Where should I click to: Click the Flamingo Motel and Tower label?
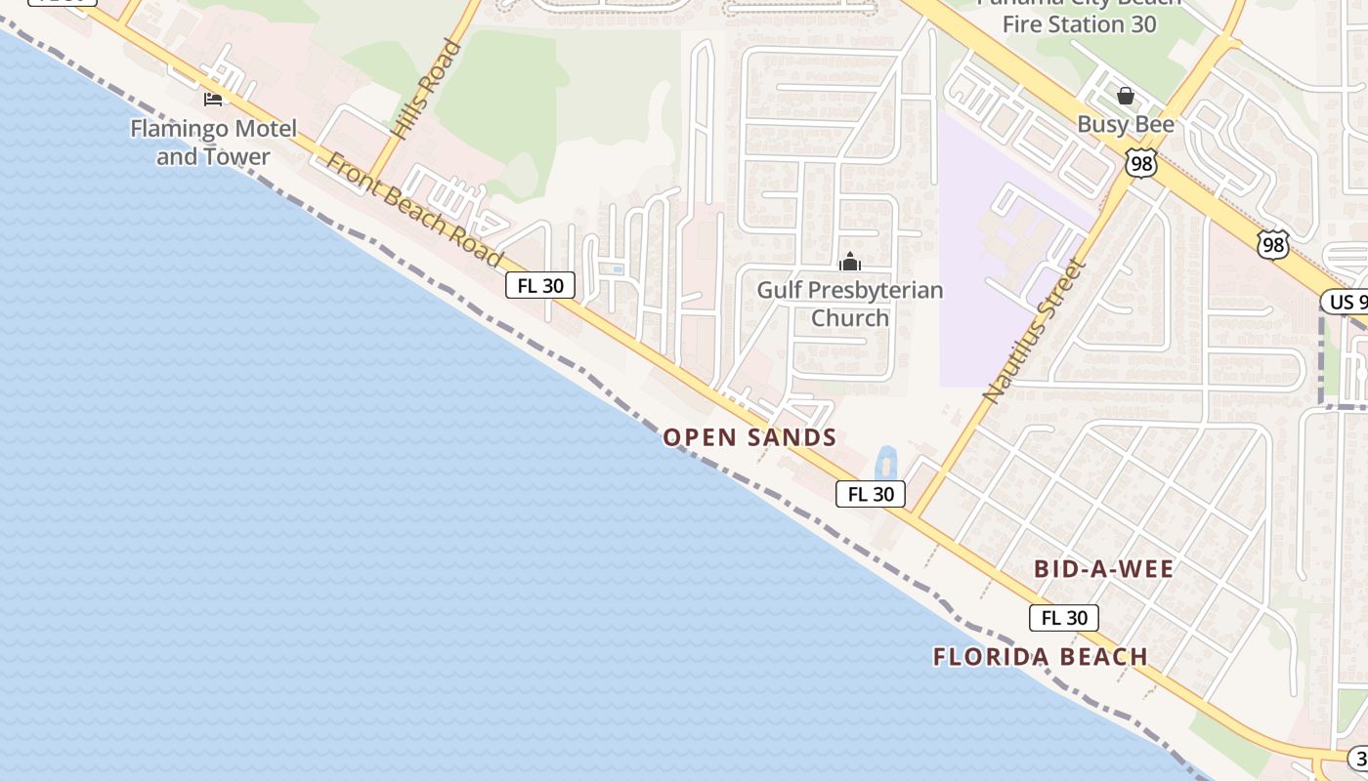[213, 143]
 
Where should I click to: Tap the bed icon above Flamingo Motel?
[212, 99]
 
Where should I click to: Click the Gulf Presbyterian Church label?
[850, 304]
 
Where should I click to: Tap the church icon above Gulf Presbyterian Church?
[850, 262]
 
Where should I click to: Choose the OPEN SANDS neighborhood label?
[749, 437]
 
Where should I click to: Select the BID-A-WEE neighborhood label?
[1103, 569]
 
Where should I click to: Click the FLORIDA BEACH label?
[1040, 657]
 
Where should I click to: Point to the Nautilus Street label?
[1034, 331]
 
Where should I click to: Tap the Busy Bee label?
[1126, 125]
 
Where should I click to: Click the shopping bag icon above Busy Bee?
[1126, 96]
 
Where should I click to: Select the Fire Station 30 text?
[1079, 23]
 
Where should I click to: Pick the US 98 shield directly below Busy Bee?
[1140, 163]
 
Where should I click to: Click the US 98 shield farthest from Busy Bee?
[1272, 244]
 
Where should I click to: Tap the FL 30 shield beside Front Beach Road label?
[540, 285]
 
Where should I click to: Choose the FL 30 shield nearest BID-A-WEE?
[1064, 618]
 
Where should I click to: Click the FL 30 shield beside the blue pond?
[871, 494]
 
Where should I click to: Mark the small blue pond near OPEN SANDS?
[886, 462]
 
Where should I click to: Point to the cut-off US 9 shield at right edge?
[1345, 302]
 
